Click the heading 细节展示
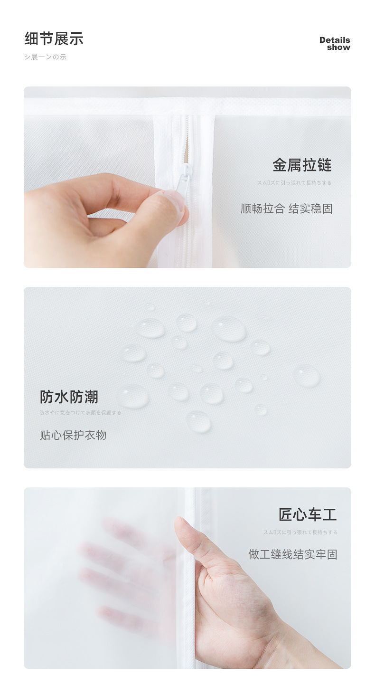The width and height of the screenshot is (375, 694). (54, 39)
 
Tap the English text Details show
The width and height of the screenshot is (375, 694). (335, 44)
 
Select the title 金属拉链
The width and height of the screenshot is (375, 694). (302, 165)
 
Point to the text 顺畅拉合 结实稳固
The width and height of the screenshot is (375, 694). (286, 209)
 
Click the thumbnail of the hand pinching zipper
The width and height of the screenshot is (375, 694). (187, 177)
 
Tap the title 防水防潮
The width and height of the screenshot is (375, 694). (69, 397)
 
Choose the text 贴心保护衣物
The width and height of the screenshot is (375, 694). (73, 435)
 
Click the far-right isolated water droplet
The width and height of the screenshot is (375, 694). (307, 376)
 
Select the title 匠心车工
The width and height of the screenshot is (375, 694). (308, 514)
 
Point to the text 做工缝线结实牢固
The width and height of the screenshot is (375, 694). (292, 554)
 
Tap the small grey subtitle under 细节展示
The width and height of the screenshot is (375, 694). (45, 57)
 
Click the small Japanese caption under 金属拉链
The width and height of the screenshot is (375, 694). (294, 183)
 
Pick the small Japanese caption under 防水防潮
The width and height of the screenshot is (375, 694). (80, 413)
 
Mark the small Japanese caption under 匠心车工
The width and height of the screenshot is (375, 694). (300, 532)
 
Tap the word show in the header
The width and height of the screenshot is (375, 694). (338, 48)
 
